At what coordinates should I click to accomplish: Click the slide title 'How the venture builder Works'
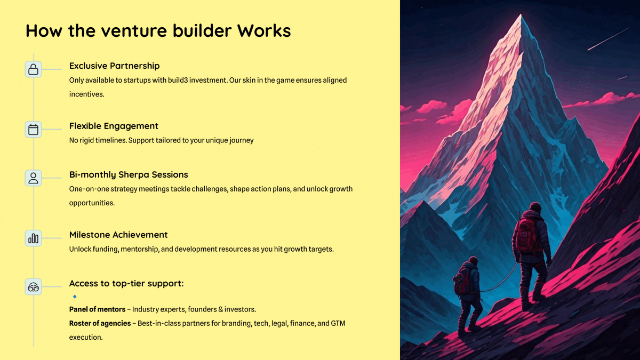pyautogui.click(x=158, y=30)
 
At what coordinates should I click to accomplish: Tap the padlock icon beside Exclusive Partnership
pyautogui.click(x=33, y=69)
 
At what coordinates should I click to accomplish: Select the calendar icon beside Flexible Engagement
pyautogui.click(x=33, y=130)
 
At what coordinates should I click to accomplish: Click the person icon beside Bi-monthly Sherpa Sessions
pyautogui.click(x=33, y=178)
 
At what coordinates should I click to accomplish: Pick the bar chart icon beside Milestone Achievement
pyautogui.click(x=33, y=238)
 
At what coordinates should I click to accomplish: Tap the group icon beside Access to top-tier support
pyautogui.click(x=33, y=287)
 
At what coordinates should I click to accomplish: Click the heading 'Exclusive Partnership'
pyautogui.click(x=114, y=66)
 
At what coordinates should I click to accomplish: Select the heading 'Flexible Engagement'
pyautogui.click(x=114, y=126)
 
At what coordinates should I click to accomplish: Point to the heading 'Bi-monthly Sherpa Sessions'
pyautogui.click(x=129, y=175)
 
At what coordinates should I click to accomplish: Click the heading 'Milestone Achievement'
pyautogui.click(x=118, y=235)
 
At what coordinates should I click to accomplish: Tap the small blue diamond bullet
pyautogui.click(x=75, y=297)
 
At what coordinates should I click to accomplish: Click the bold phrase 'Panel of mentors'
pyautogui.click(x=97, y=309)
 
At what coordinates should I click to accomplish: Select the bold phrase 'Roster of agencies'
pyautogui.click(x=100, y=323)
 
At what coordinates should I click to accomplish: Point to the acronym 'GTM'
pyautogui.click(x=338, y=323)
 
